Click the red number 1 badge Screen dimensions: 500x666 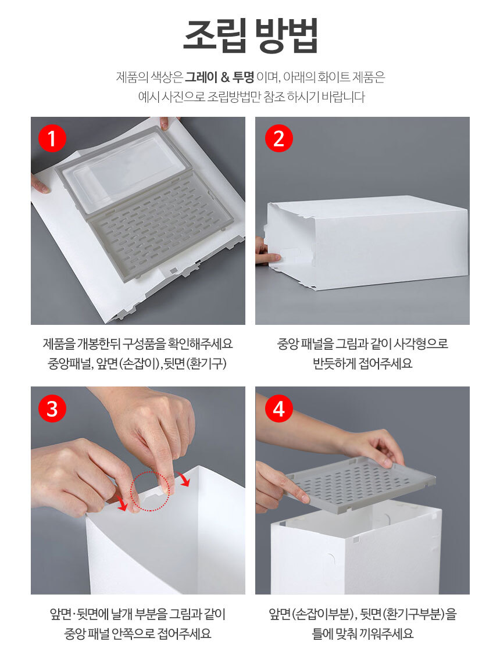pyautogui.click(x=52, y=138)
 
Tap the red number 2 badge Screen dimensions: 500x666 pyautogui.click(x=278, y=138)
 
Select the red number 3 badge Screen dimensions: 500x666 pyautogui.click(x=52, y=409)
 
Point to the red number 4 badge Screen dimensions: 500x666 pyautogui.click(x=278, y=409)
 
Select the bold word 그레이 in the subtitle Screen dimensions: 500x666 pyautogui.click(x=201, y=77)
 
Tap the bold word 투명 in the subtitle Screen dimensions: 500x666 pyautogui.click(x=243, y=77)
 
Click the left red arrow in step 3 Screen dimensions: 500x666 pyautogui.click(x=122, y=503)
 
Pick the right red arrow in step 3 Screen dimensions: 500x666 pyautogui.click(x=184, y=479)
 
